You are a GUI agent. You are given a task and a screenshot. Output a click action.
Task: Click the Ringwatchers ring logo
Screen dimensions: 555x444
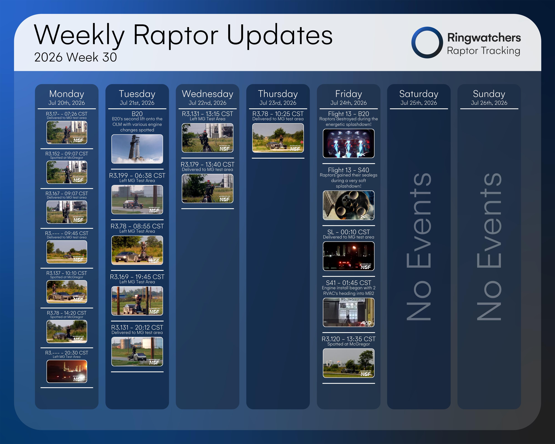click(413, 42)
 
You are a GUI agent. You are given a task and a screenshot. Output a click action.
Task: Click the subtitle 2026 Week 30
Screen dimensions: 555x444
click(75, 57)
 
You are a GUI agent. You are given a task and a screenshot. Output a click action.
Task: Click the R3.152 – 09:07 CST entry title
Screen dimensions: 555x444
click(67, 153)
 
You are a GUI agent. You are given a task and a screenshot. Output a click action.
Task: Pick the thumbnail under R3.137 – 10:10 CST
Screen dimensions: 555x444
click(67, 292)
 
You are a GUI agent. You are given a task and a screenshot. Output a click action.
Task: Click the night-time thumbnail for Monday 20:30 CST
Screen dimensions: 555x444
click(67, 371)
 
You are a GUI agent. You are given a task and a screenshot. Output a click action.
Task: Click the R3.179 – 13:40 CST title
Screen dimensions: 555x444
click(207, 164)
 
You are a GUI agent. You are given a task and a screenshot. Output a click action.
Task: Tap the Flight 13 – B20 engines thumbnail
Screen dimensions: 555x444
click(349, 143)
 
